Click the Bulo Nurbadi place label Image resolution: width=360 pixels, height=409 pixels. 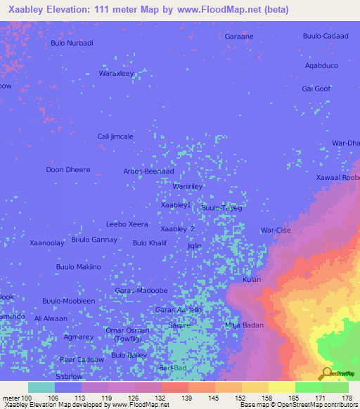[x=72, y=43]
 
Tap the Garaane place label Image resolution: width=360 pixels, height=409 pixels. [x=238, y=36]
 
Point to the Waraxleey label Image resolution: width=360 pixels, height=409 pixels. [x=116, y=73]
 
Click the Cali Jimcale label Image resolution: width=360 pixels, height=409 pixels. [x=115, y=136]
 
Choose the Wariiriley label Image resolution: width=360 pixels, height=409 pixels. [x=188, y=186]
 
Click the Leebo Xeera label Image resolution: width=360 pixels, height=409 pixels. [x=127, y=224]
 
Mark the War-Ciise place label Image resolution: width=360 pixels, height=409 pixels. [x=276, y=230]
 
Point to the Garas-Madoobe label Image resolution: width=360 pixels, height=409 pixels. [x=141, y=290]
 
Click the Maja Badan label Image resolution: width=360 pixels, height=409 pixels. [x=244, y=325]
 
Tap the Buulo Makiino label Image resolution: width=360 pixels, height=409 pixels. [x=79, y=267]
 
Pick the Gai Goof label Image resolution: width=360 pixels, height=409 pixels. [x=316, y=89]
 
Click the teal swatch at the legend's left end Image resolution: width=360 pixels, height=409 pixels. [x=41, y=387]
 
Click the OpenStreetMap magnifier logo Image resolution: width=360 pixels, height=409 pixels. [x=326, y=373]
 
